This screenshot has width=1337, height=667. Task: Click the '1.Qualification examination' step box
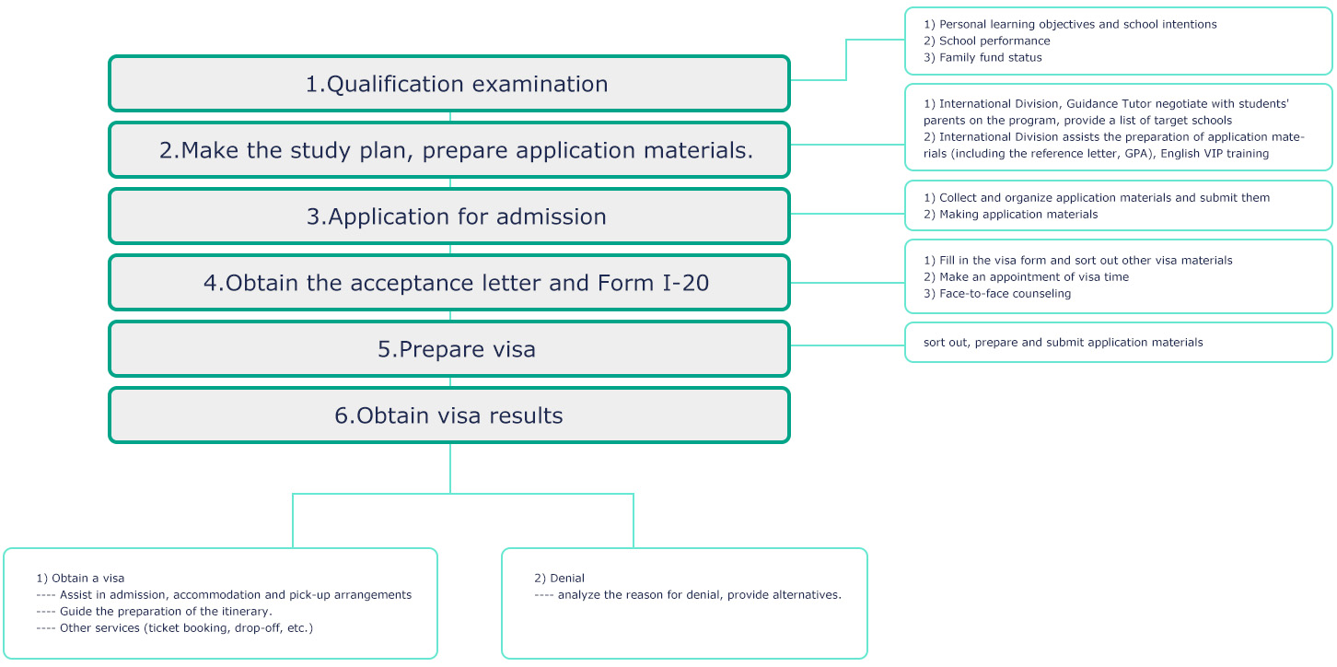tap(449, 84)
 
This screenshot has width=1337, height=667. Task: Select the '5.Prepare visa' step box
tap(449, 349)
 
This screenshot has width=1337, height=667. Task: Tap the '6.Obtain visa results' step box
tap(449, 415)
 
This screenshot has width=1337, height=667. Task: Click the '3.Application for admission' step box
tap(449, 216)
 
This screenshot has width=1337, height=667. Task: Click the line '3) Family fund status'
tap(982, 57)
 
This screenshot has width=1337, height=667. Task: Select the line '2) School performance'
tap(986, 41)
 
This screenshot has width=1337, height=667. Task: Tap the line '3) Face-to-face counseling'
tap(997, 293)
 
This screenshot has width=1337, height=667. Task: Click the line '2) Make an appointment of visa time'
tap(1026, 276)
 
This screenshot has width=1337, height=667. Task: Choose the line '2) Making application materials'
tap(1010, 214)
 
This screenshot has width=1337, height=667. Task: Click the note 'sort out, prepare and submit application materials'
tap(1063, 342)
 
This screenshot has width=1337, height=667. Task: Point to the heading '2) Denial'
tap(559, 578)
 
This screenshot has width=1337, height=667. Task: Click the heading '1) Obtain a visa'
tap(80, 578)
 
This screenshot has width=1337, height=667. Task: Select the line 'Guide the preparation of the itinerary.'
tap(166, 611)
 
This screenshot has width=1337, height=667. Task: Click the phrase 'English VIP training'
tap(1215, 154)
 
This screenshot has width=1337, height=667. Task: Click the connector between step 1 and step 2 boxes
tap(450, 117)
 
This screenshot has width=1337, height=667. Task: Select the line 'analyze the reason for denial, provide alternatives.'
tap(700, 595)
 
